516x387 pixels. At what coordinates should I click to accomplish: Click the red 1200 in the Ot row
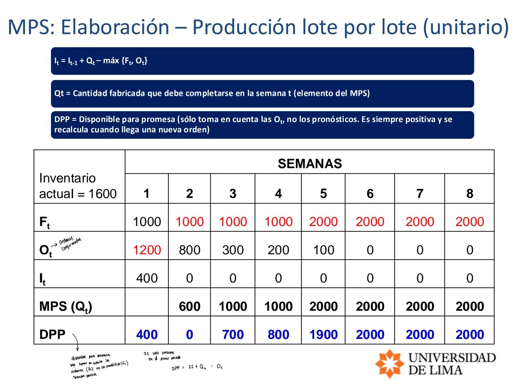pyautogui.click(x=147, y=250)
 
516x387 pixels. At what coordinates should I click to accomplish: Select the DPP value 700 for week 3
pyautogui.click(x=233, y=334)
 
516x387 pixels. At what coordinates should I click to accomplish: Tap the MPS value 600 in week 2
pyautogui.click(x=190, y=306)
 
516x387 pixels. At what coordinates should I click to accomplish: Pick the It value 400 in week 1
pyautogui.click(x=147, y=278)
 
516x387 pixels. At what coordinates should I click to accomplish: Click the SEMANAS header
pyautogui.click(x=310, y=164)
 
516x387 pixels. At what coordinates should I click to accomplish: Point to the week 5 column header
pyautogui.click(x=323, y=193)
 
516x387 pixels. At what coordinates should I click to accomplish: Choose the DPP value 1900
pyautogui.click(x=323, y=334)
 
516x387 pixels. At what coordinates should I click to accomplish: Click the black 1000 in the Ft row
pyautogui.click(x=147, y=222)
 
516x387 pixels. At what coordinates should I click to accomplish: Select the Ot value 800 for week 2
pyautogui.click(x=190, y=250)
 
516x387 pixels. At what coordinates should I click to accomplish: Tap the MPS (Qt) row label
pyautogui.click(x=66, y=307)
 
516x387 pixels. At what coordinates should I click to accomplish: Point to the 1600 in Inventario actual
pyautogui.click(x=102, y=194)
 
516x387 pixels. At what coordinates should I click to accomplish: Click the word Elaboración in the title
pyautogui.click(x=115, y=27)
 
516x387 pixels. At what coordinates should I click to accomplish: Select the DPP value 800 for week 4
pyautogui.click(x=278, y=334)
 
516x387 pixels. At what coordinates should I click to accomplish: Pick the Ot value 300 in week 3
pyautogui.click(x=233, y=250)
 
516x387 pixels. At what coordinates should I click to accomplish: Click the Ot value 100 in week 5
pyautogui.click(x=323, y=250)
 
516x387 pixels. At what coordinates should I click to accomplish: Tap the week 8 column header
pyautogui.click(x=469, y=193)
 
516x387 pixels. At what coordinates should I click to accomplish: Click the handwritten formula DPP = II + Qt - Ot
pyautogui.click(x=197, y=367)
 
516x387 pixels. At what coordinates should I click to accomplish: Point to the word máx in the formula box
pyautogui.click(x=111, y=61)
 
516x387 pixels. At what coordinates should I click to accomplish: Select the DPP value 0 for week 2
pyautogui.click(x=190, y=334)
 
